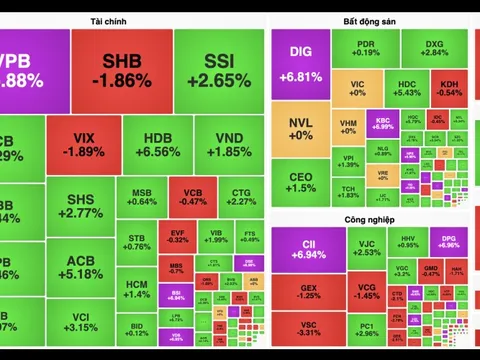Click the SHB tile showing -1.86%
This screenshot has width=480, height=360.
(121, 70)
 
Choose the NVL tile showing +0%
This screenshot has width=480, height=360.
(300, 129)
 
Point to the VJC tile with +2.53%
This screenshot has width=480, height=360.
(367, 246)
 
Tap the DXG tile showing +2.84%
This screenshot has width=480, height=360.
(434, 49)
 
